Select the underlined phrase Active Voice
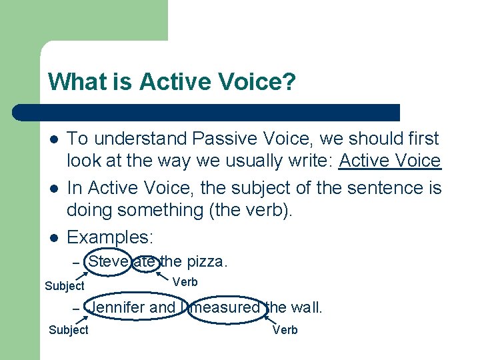(390, 161)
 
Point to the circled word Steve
(109, 261)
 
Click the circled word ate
(145, 261)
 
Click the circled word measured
(225, 308)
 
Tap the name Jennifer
(117, 308)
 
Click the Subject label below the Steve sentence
(65, 286)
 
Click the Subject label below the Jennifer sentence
(69, 330)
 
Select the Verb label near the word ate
(185, 282)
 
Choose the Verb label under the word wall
(285, 330)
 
